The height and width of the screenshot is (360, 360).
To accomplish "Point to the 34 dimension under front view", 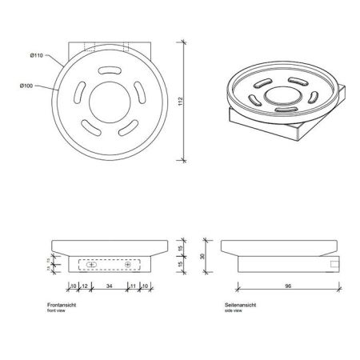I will point(109,286).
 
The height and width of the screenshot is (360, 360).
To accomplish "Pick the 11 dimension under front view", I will point(132,286).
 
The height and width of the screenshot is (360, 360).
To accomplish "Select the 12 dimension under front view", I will point(84,286).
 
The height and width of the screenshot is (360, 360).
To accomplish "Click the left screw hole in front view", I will point(90,264).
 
